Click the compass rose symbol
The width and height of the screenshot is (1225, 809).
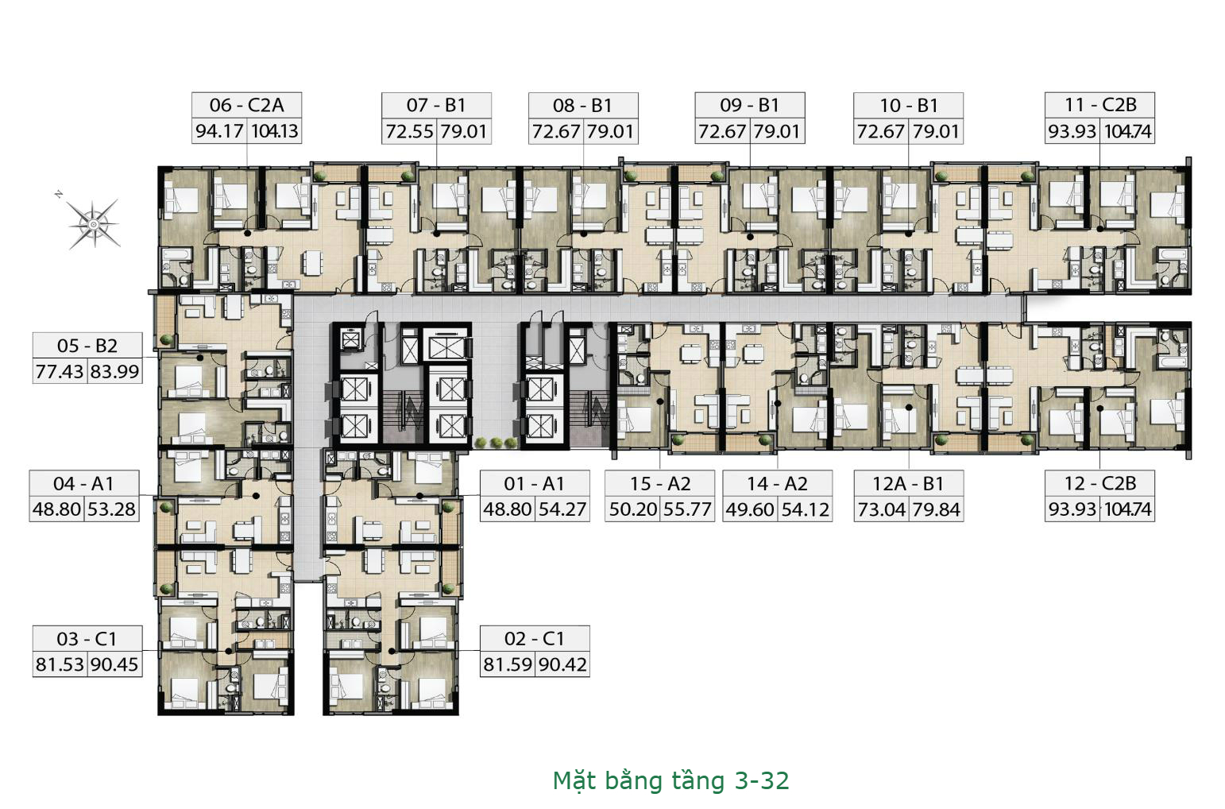[x=93, y=223]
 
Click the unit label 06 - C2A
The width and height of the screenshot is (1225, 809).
[x=246, y=104]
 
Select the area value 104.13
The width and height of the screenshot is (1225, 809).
[x=275, y=131]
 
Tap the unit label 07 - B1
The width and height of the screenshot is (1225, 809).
[x=436, y=104]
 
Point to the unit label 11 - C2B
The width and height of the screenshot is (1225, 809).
[x=1100, y=104]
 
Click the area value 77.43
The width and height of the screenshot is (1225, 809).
[x=60, y=372]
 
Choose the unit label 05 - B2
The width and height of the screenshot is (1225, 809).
[x=87, y=346]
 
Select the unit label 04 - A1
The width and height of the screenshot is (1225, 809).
[x=83, y=483]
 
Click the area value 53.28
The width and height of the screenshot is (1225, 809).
[x=111, y=509]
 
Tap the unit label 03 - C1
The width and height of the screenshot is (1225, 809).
[x=87, y=639]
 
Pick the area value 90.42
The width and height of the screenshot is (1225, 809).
[x=562, y=664]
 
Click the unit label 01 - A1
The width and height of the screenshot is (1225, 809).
[x=535, y=483]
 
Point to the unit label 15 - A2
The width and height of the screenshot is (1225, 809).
[x=660, y=483]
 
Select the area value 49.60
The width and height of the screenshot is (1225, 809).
[x=750, y=509]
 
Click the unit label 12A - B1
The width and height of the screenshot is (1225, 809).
[x=908, y=483]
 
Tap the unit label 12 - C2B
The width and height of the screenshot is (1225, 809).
[x=1100, y=483]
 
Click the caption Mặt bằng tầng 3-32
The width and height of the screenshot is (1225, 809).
[x=671, y=780]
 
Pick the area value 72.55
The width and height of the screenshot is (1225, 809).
[x=410, y=132]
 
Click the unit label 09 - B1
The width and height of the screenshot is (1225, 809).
[x=750, y=105]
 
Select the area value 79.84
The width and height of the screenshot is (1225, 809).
[x=937, y=509]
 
